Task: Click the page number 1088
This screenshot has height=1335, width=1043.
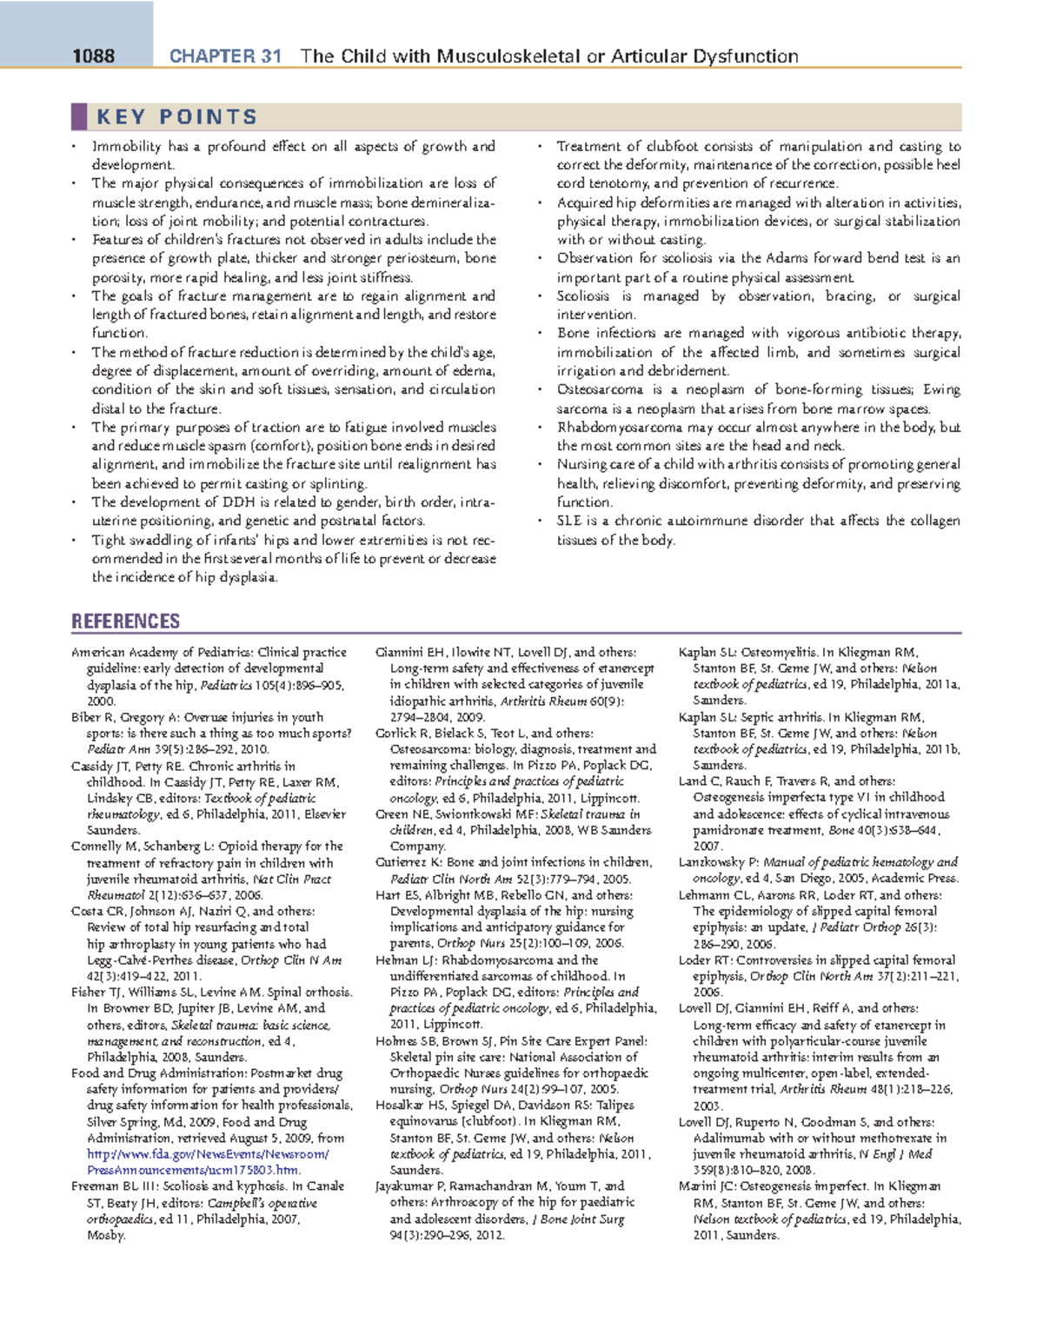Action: point(93,56)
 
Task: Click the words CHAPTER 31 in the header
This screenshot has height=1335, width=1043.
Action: point(225,56)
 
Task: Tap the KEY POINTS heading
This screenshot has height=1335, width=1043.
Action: point(177,116)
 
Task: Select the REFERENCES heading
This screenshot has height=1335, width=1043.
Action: point(125,621)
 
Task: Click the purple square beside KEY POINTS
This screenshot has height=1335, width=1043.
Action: point(79,116)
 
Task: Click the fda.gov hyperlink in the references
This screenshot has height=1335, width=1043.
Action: point(208,1154)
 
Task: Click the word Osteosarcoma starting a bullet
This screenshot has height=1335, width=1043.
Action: point(600,389)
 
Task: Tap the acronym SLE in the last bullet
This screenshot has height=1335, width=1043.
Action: point(569,521)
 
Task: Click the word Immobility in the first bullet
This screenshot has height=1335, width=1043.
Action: point(127,146)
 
